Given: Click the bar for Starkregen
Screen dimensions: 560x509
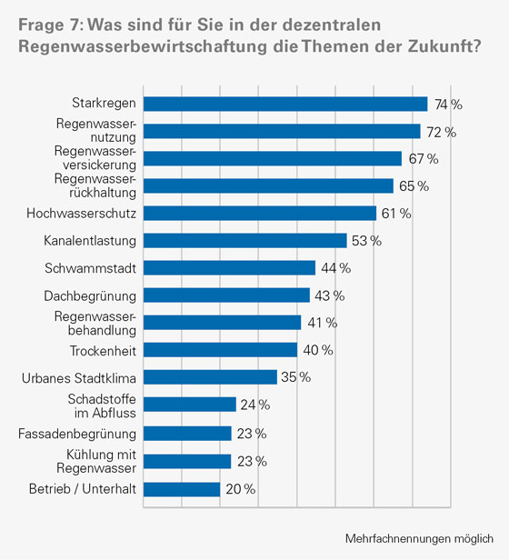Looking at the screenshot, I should [x=285, y=105].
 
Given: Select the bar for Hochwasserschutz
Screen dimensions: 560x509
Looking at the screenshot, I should [x=260, y=214].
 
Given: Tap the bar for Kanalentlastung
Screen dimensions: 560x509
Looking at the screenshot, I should [x=245, y=241].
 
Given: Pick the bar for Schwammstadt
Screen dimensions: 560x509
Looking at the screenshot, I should [x=230, y=268].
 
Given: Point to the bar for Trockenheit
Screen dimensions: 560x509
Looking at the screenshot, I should [x=221, y=350].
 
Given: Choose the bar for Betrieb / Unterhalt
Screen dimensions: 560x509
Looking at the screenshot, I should [x=183, y=490].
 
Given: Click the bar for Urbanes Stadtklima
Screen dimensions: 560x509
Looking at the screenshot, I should [x=211, y=377].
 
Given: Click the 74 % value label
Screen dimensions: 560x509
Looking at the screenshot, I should [x=448, y=105].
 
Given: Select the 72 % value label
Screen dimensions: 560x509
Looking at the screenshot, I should [x=441, y=133].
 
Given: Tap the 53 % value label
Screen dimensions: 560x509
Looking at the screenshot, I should [x=367, y=242].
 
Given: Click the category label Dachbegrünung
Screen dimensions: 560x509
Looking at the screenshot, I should [x=90, y=295].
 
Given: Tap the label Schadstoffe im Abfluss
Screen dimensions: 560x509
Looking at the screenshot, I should [x=102, y=405].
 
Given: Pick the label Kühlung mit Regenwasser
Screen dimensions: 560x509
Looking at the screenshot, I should [x=101, y=461].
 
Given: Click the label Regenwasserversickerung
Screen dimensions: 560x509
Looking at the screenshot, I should [x=95, y=158].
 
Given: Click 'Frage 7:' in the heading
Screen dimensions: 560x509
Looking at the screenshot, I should [x=46, y=25].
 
